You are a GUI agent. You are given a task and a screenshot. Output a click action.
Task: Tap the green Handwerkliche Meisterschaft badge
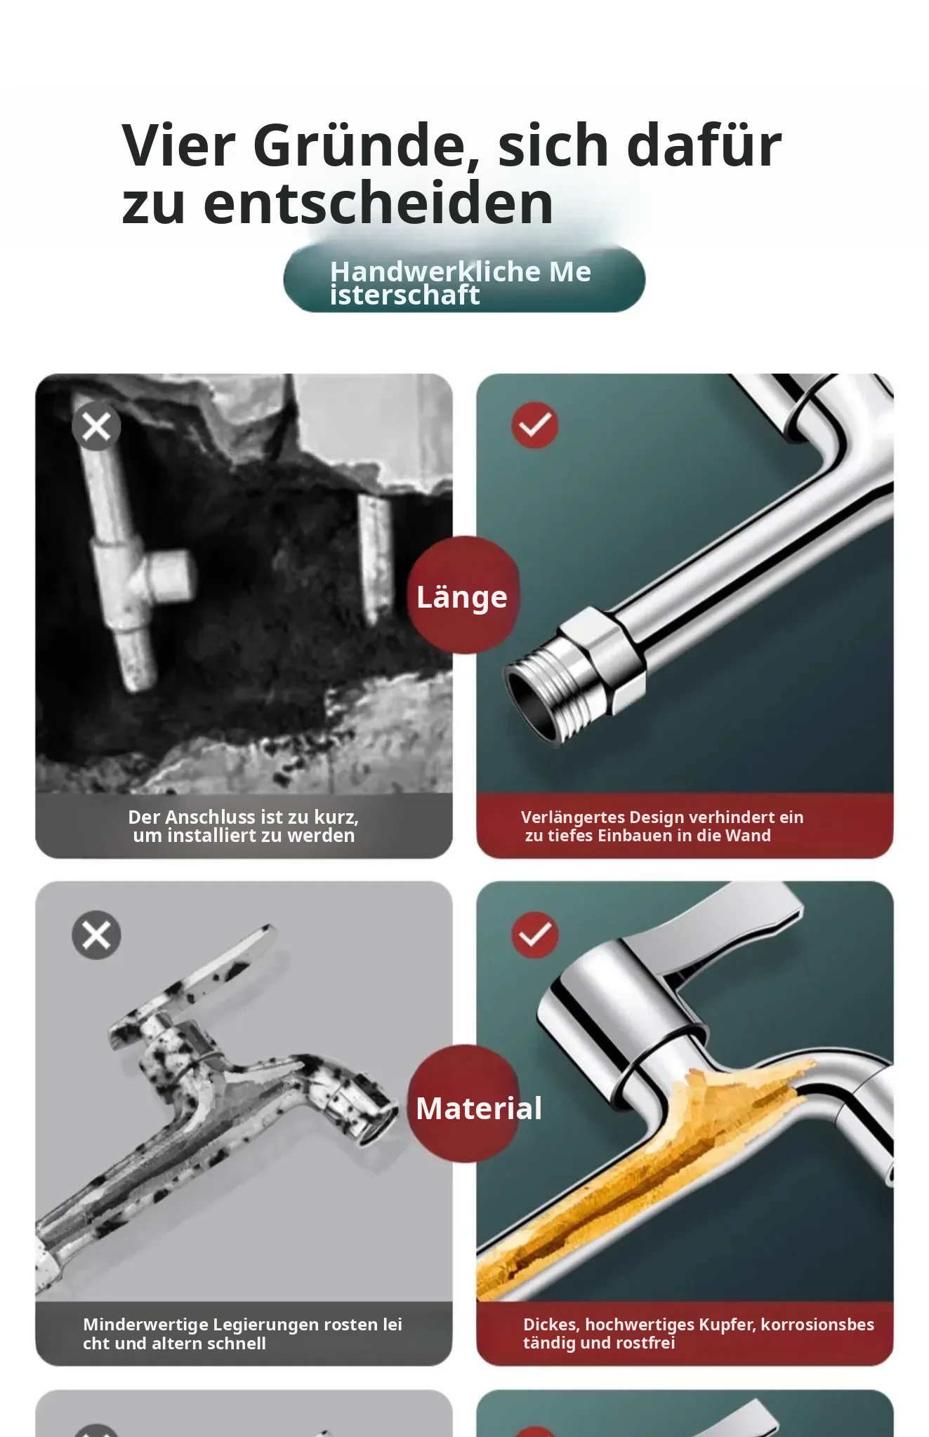pyautogui.click(x=464, y=279)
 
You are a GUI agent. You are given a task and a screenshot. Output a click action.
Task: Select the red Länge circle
pyautogui.click(x=463, y=596)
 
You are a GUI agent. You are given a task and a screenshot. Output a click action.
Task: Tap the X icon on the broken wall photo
pyautogui.click(x=96, y=426)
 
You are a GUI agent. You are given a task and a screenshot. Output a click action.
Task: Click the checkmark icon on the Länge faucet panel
pyautogui.click(x=535, y=425)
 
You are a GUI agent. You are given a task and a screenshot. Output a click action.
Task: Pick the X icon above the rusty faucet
pyautogui.click(x=96, y=935)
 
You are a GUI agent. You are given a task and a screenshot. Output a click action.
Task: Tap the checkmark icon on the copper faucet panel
pyautogui.click(x=535, y=935)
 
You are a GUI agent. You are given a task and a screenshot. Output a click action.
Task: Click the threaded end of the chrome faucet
pyautogui.click(x=544, y=697)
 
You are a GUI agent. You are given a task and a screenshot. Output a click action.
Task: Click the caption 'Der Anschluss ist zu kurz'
pyautogui.click(x=244, y=817)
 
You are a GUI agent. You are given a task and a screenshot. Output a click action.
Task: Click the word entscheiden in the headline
pyautogui.click(x=378, y=203)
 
